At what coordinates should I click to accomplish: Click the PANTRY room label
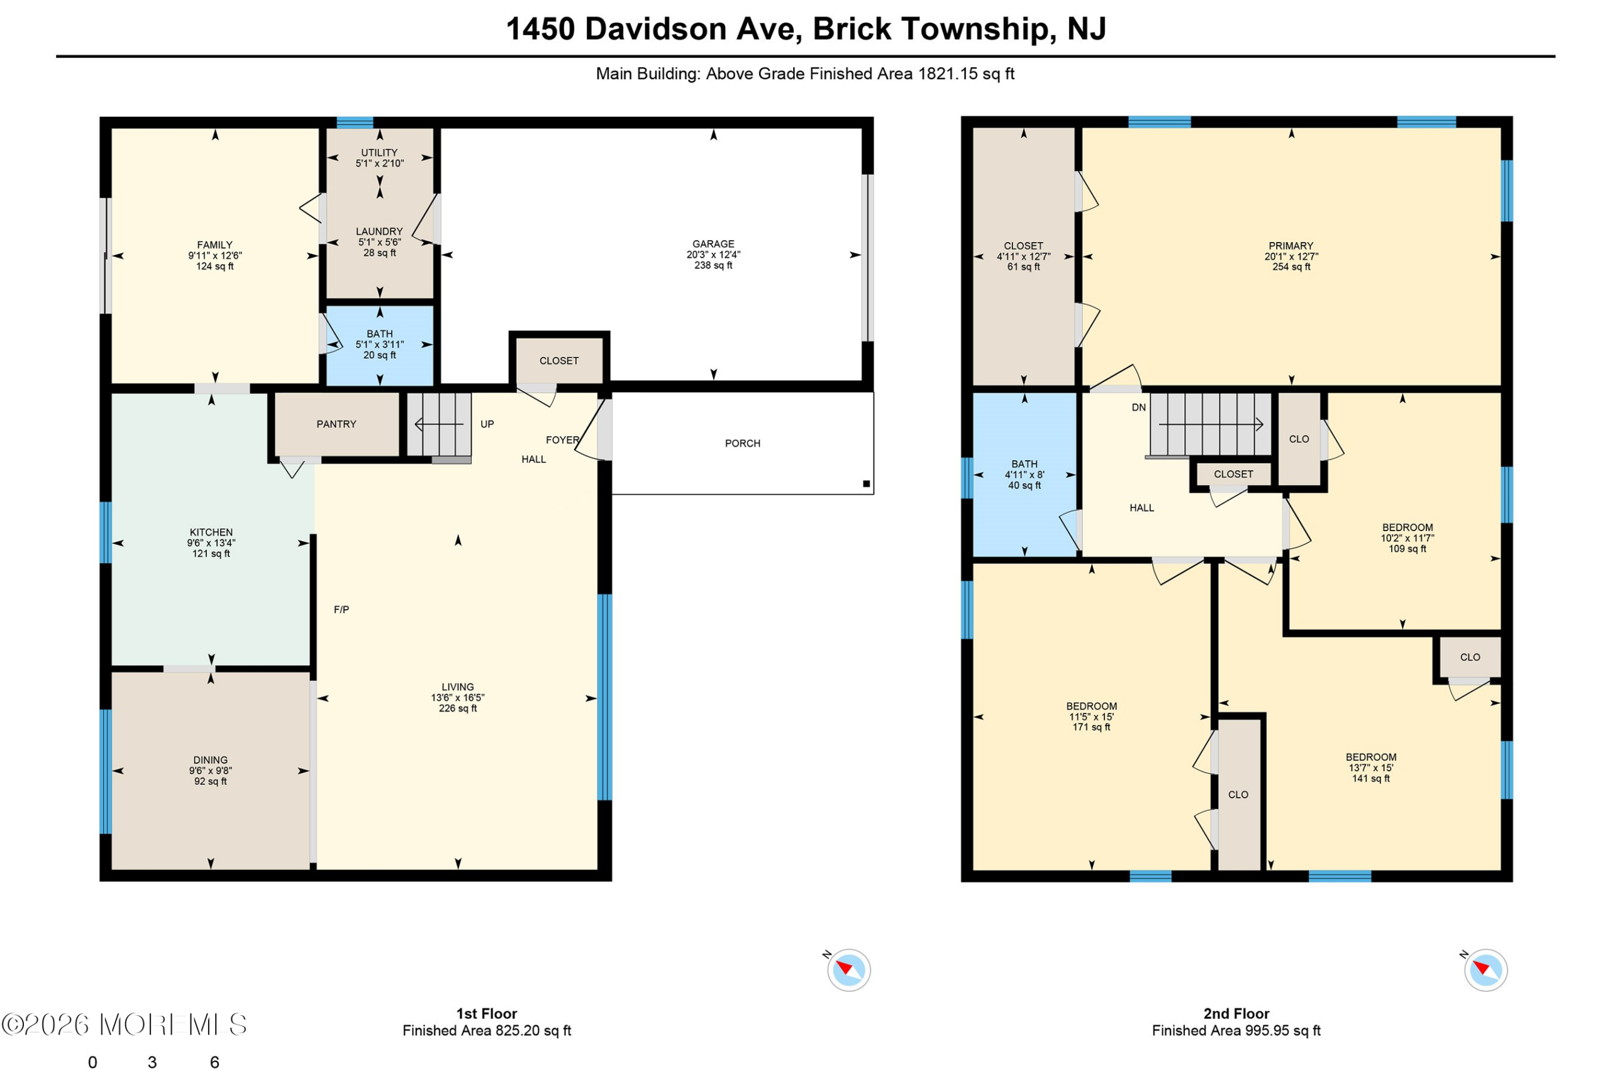click(336, 424)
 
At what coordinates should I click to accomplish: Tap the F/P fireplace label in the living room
click(341, 610)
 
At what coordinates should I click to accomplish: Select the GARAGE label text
click(713, 245)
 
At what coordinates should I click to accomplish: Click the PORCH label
click(743, 443)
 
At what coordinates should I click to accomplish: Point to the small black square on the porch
click(867, 484)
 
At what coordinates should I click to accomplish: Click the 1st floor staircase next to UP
click(440, 425)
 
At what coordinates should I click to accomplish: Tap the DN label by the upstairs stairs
click(1138, 408)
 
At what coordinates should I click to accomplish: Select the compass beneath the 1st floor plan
click(849, 970)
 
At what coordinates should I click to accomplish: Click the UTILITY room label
click(379, 153)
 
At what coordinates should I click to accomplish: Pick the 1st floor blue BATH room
click(380, 346)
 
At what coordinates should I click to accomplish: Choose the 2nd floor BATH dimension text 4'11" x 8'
click(1024, 475)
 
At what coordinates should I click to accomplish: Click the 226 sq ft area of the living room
click(458, 708)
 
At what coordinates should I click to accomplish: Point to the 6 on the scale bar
click(214, 1062)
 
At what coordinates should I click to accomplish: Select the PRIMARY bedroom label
click(1291, 246)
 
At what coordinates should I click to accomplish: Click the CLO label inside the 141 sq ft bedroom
click(1470, 658)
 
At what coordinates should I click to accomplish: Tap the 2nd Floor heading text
click(1236, 1013)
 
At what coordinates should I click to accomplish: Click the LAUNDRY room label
click(379, 231)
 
